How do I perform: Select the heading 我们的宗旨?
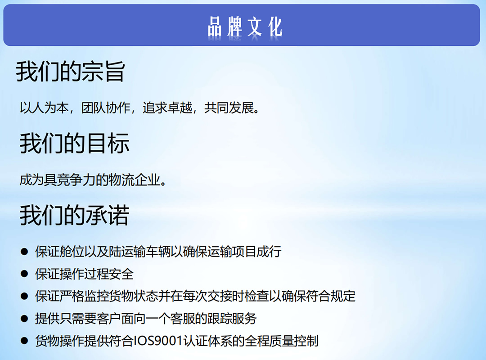[70, 71]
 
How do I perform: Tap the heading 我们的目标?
[74, 143]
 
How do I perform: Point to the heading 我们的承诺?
[74, 215]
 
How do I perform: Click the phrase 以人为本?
[44, 108]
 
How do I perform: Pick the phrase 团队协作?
[106, 108]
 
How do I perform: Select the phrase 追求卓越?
[167, 108]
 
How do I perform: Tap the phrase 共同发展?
[229, 108]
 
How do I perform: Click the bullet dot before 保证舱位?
[24, 252]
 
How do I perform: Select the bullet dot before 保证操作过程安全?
[24, 274]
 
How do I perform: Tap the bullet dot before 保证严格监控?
[24, 296]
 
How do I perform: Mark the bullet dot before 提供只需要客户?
[24, 319]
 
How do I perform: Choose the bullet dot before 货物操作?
[24, 341]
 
